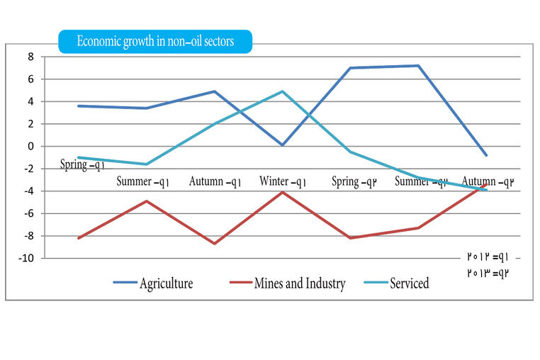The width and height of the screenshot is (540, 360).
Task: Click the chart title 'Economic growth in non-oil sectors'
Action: point(155,41)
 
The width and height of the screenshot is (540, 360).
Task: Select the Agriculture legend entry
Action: point(153,283)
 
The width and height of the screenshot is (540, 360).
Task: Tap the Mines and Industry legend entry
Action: point(288,283)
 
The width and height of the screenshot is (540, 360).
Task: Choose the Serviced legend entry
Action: point(396,283)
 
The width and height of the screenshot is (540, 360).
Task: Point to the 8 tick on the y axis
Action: point(31,57)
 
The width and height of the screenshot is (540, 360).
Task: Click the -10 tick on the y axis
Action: point(26,259)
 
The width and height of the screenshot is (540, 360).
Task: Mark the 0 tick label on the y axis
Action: point(31,147)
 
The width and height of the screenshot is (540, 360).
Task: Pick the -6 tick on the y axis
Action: point(28,213)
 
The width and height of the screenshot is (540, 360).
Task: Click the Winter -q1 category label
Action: point(283,181)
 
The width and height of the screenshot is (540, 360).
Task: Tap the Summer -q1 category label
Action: point(142,181)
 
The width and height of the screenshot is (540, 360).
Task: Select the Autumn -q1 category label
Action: point(215,181)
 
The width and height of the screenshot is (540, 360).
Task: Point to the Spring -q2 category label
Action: point(354,181)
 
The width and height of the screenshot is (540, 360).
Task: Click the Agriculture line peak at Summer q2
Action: point(418,65)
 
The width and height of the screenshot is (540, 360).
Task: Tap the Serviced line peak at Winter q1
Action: point(282,91)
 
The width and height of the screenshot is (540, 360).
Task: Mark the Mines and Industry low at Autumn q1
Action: point(215,244)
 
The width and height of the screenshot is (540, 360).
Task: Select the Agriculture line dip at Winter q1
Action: point(282,145)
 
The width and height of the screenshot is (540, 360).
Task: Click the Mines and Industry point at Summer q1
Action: point(147,201)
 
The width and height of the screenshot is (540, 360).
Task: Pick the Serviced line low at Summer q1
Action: point(147,164)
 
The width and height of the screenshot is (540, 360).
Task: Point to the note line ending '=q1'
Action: point(488,257)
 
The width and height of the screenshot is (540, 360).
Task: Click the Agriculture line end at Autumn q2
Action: point(486,155)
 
